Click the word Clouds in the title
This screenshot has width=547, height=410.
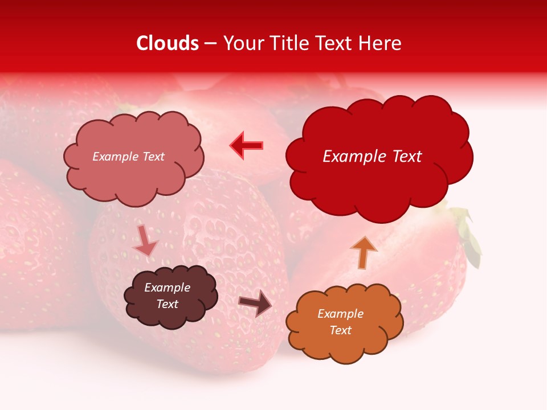tap(168, 43)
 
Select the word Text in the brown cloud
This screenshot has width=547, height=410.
tap(168, 304)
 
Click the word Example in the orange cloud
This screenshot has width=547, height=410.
tap(340, 314)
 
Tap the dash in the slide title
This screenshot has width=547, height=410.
tap(210, 43)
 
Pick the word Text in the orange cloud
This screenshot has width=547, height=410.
tap(340, 330)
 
